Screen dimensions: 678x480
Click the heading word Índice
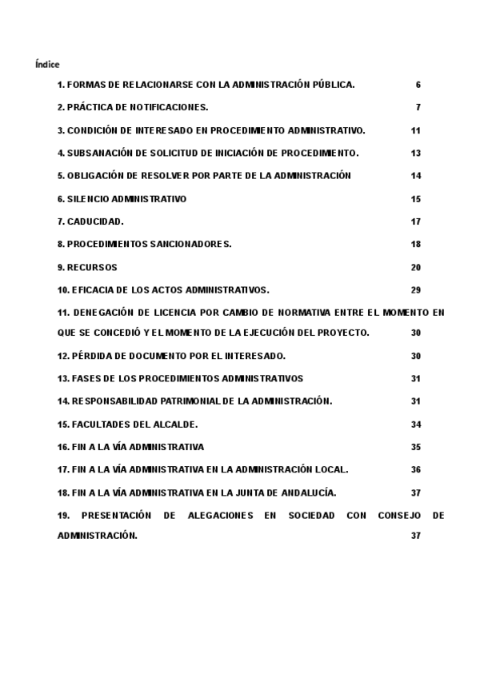click(x=47, y=64)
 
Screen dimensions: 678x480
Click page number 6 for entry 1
click(x=418, y=85)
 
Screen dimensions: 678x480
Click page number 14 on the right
click(x=416, y=176)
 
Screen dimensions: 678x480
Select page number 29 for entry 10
click(x=416, y=290)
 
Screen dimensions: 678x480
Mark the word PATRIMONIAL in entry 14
click(x=175, y=401)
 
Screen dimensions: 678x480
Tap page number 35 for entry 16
click(x=416, y=447)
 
